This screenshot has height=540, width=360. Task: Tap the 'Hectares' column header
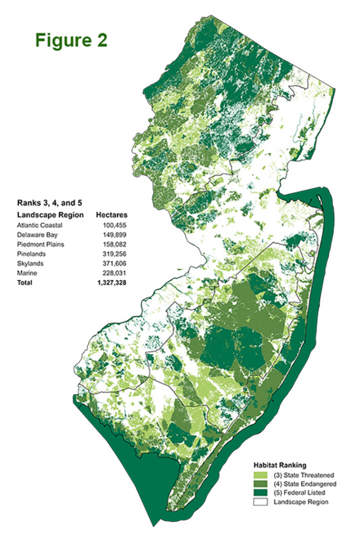112,215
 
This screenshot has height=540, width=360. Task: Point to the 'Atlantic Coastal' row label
38,226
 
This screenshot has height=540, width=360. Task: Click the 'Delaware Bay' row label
35,235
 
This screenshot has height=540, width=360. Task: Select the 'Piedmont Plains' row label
38,245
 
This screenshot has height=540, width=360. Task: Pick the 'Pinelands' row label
30,254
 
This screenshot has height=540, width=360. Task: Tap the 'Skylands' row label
30,264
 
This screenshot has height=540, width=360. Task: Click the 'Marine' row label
26,273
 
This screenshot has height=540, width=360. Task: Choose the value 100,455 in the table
116,226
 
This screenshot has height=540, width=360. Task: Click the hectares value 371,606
116,264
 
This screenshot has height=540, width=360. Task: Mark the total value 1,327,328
113,283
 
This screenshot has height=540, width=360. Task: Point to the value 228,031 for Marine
116,273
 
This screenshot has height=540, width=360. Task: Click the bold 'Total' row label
24,283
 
